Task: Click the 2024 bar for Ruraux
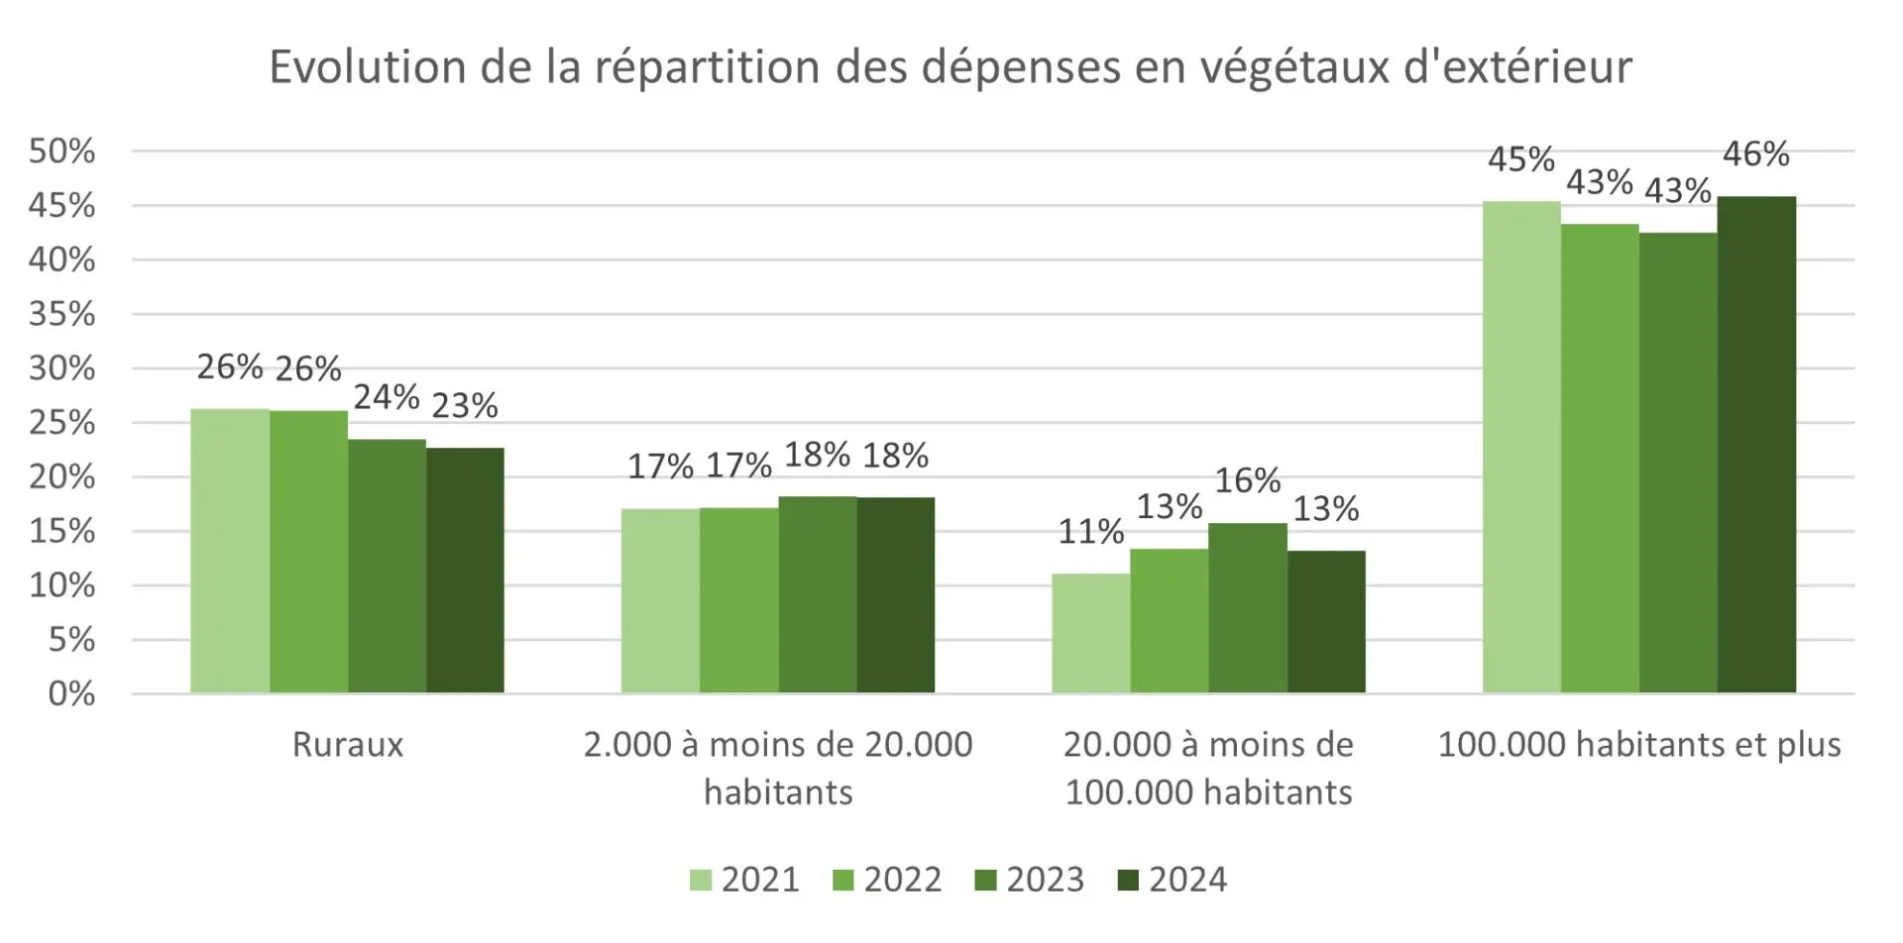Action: (465, 571)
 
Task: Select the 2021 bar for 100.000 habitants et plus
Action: (1521, 447)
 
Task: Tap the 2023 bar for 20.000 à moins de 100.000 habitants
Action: (1247, 608)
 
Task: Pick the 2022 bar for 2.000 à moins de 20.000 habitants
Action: (738, 600)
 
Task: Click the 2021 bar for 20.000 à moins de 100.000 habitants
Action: (1090, 633)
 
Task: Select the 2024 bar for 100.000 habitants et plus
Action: (1756, 445)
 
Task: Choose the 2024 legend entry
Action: (1173, 880)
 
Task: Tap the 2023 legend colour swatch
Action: (985, 880)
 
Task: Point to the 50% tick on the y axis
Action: (61, 152)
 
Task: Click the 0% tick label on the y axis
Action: (71, 693)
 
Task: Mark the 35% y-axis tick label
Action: (61, 315)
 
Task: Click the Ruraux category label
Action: (348, 745)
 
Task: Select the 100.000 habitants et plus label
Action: (1638, 745)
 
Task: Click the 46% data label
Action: (1755, 155)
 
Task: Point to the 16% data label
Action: (1248, 481)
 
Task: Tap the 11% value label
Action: (1090, 532)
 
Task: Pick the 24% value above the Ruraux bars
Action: (387, 397)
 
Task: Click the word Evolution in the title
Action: (368, 67)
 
